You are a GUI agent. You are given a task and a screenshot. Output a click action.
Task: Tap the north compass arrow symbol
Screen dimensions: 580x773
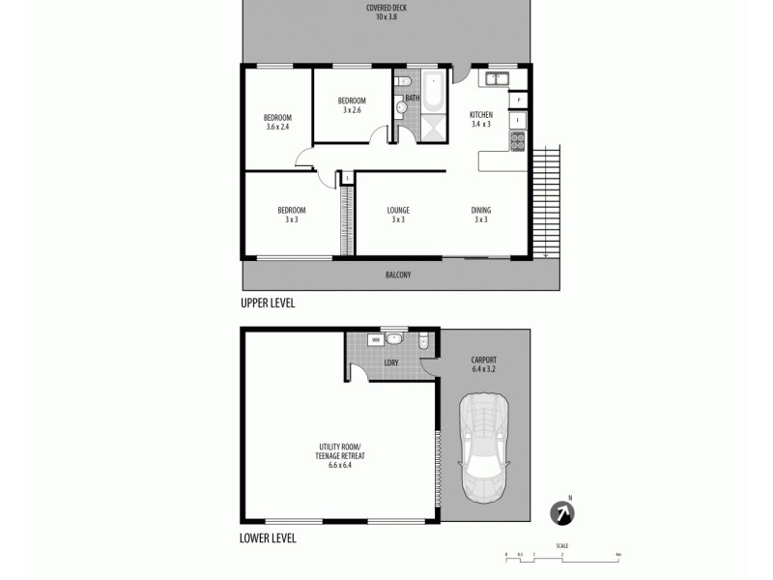(560, 512)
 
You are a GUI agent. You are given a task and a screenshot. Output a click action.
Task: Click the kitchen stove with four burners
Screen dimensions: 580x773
(517, 141)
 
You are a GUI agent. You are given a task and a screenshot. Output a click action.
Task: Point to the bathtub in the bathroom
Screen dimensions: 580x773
(432, 92)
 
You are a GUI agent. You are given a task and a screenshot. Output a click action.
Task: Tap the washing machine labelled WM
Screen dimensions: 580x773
(375, 340)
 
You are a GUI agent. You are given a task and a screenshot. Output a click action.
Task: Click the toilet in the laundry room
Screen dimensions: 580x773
(424, 340)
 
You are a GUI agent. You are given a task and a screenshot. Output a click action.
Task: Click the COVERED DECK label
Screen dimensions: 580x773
(385, 13)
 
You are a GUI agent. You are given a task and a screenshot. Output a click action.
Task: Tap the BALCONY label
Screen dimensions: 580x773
(398, 275)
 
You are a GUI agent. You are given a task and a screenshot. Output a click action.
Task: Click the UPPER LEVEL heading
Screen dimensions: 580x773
(268, 303)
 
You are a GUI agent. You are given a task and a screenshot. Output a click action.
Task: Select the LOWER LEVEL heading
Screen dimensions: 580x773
(268, 538)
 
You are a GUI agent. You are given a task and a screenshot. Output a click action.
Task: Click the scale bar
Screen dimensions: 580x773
(561, 555)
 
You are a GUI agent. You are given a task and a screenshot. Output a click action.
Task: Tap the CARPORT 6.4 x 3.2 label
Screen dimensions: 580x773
(483, 364)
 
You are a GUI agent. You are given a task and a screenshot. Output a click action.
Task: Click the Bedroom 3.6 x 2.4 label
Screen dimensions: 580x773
(278, 122)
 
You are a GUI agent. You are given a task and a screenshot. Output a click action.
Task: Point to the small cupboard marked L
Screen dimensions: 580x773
(346, 177)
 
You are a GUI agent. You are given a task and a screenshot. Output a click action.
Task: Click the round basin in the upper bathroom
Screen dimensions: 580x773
(402, 108)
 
